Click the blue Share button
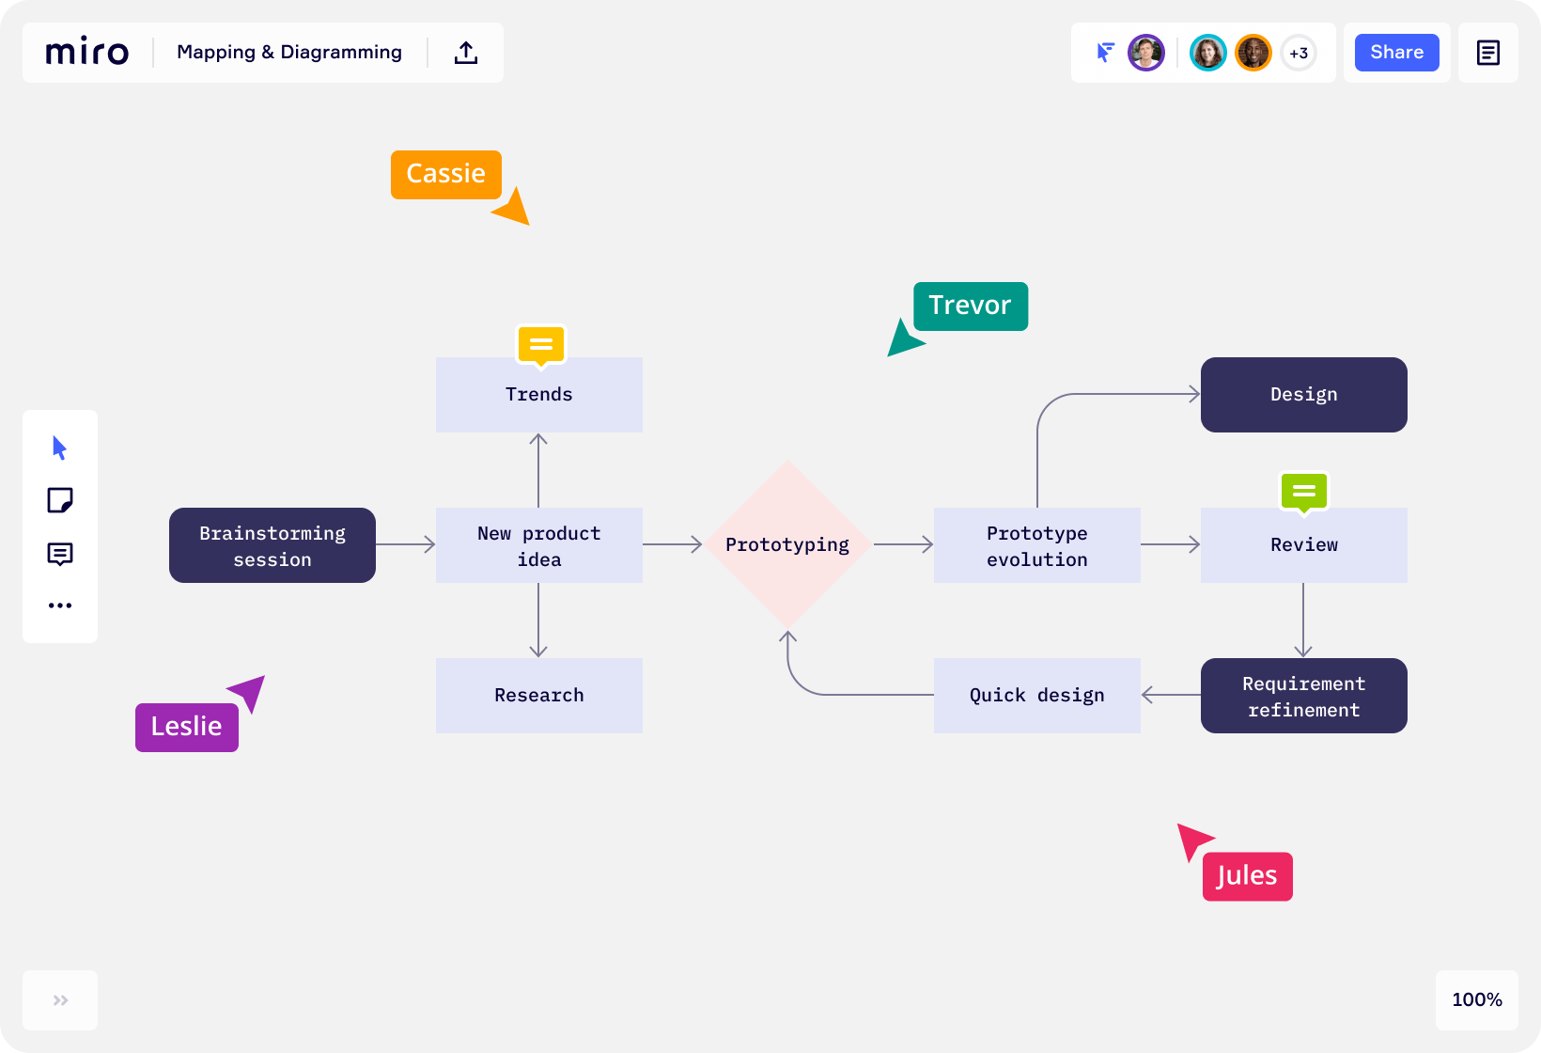[x=1396, y=53]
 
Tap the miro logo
[x=87, y=53]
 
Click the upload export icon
[x=466, y=53]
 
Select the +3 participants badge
[x=1299, y=53]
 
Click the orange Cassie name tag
[x=445, y=174]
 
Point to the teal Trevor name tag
[x=970, y=306]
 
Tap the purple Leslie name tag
[x=186, y=727]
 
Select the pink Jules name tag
[x=1247, y=875]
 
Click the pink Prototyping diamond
[x=787, y=544]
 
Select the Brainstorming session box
[x=272, y=545]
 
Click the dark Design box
[x=1303, y=395]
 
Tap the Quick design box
[x=1036, y=696]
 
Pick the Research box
[x=538, y=696]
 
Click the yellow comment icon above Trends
[x=541, y=345]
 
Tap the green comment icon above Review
[x=1303, y=491]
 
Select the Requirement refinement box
[x=1303, y=696]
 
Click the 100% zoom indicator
[x=1476, y=999]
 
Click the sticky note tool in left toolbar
[x=60, y=500]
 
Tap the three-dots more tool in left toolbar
[x=60, y=605]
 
